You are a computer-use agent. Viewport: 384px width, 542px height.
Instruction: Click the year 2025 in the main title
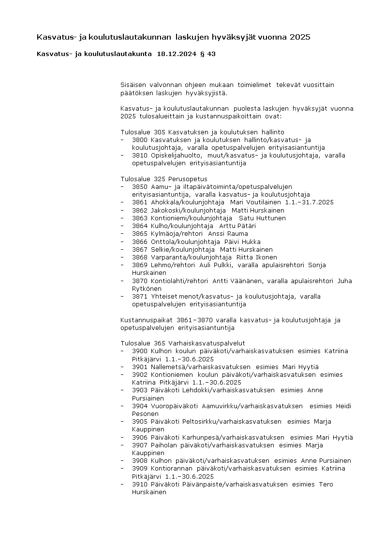[300, 37]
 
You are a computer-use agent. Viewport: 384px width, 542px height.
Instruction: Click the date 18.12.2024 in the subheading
[177, 54]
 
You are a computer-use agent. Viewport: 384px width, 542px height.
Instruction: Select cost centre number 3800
[140, 140]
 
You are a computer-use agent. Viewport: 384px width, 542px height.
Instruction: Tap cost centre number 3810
[140, 156]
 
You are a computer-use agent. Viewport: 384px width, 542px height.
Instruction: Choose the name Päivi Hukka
[242, 242]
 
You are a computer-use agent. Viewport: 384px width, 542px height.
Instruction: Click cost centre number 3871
[140, 297]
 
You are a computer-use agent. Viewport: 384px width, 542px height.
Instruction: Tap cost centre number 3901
[140, 367]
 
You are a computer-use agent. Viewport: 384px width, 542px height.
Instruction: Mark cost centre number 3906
[140, 438]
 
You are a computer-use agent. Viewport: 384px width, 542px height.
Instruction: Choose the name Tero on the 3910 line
[325, 485]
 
